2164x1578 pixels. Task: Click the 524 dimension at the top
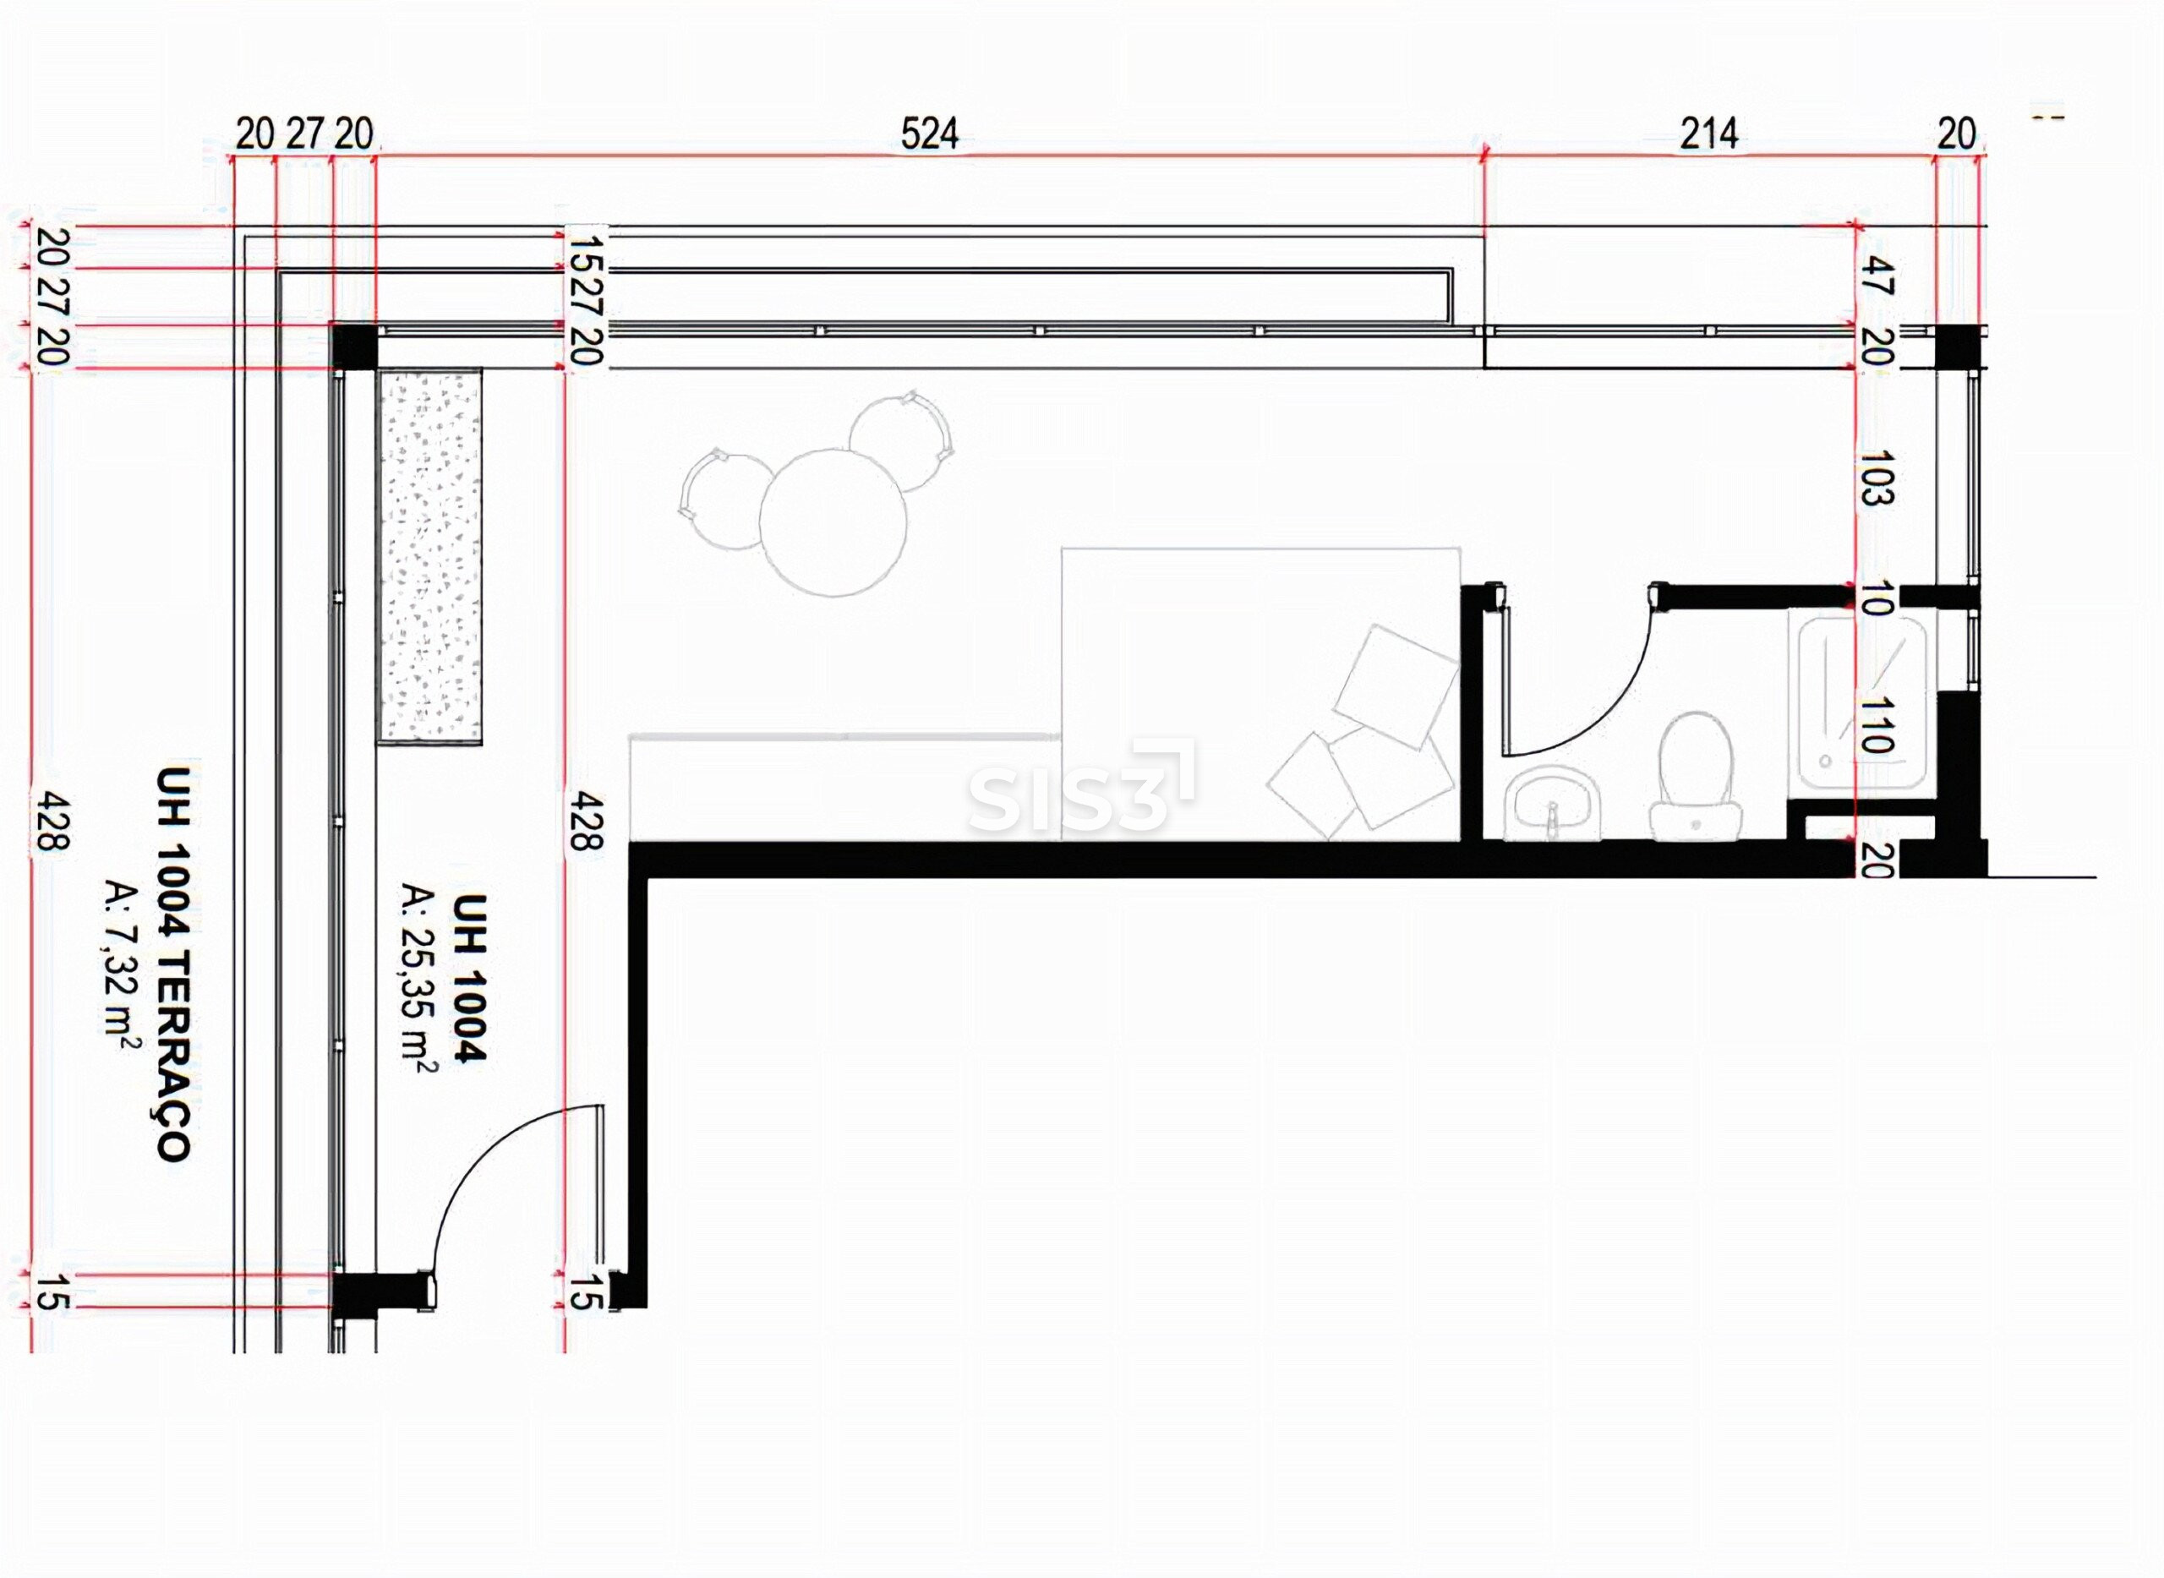929,134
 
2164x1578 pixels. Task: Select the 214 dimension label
1708,134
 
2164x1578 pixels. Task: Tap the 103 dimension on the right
1877,477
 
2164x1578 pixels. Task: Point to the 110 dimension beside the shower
1877,723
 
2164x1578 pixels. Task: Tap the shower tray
1858,702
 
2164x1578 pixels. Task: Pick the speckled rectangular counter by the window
430,556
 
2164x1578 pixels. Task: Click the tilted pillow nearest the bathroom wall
1395,685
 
